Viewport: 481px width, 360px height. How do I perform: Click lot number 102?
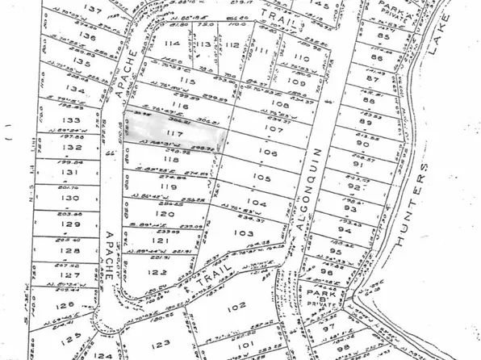tap(236, 308)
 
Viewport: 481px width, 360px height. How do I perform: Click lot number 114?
tap(171, 44)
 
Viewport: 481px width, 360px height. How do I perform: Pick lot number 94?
tap(345, 230)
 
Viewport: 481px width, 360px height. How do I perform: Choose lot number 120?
tap(166, 216)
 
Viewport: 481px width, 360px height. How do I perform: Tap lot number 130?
tap(72, 198)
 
